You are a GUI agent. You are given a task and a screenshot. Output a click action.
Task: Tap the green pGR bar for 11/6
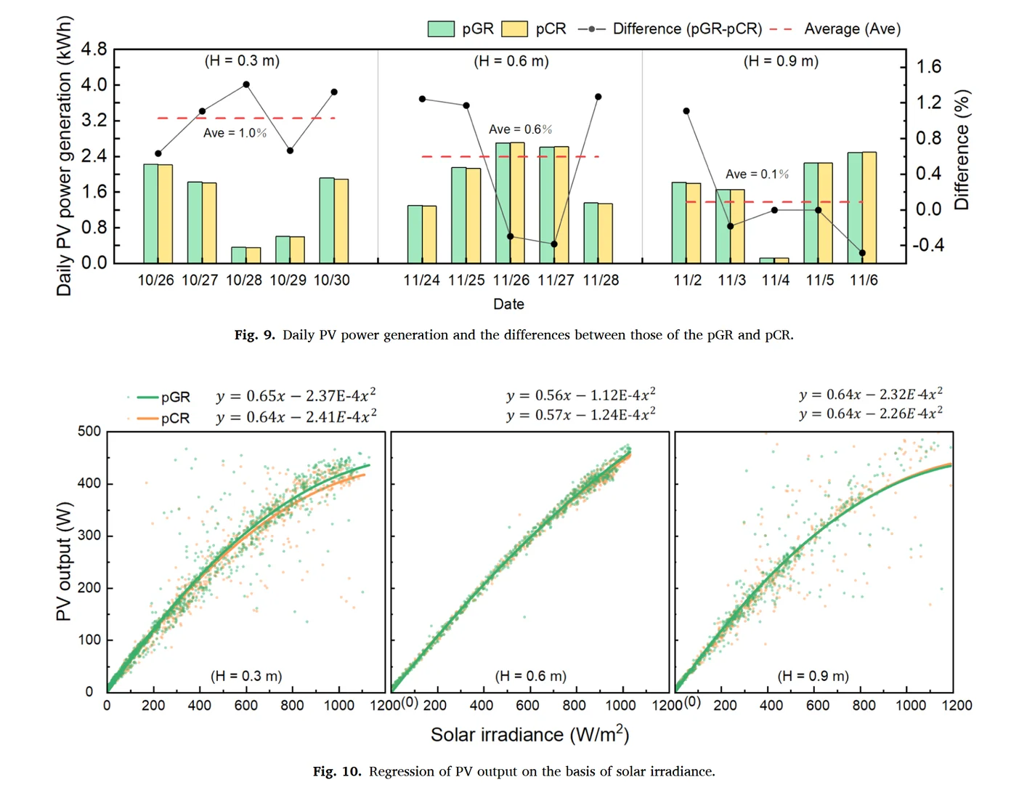[855, 207]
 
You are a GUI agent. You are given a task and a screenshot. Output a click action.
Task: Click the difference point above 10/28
[246, 84]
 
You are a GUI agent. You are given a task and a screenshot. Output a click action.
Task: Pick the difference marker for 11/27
[554, 244]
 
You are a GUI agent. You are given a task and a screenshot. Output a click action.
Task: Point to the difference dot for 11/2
[686, 111]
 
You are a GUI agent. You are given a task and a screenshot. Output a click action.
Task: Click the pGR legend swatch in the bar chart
[441, 29]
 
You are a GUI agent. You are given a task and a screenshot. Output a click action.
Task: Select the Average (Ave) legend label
[852, 29]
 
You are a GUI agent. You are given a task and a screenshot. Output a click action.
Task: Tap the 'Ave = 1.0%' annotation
[235, 133]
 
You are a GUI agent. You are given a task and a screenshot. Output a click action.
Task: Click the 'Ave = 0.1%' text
[757, 174]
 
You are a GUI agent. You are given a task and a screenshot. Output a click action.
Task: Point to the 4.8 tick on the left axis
[94, 49]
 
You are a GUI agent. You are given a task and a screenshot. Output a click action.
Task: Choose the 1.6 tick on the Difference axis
[928, 67]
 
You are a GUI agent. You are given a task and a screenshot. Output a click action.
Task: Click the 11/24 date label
[422, 281]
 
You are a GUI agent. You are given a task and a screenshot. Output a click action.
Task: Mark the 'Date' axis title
[508, 304]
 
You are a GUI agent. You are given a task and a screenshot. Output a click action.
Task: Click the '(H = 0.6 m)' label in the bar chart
[511, 61]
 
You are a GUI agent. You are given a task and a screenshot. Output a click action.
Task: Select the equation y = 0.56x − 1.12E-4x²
[581, 395]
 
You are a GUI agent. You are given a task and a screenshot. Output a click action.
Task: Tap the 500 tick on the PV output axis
[89, 431]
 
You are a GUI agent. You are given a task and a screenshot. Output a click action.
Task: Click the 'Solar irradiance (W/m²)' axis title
[529, 735]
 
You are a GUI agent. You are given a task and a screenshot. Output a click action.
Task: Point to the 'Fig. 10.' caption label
[336, 771]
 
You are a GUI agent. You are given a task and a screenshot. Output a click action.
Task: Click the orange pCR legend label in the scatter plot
[175, 418]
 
